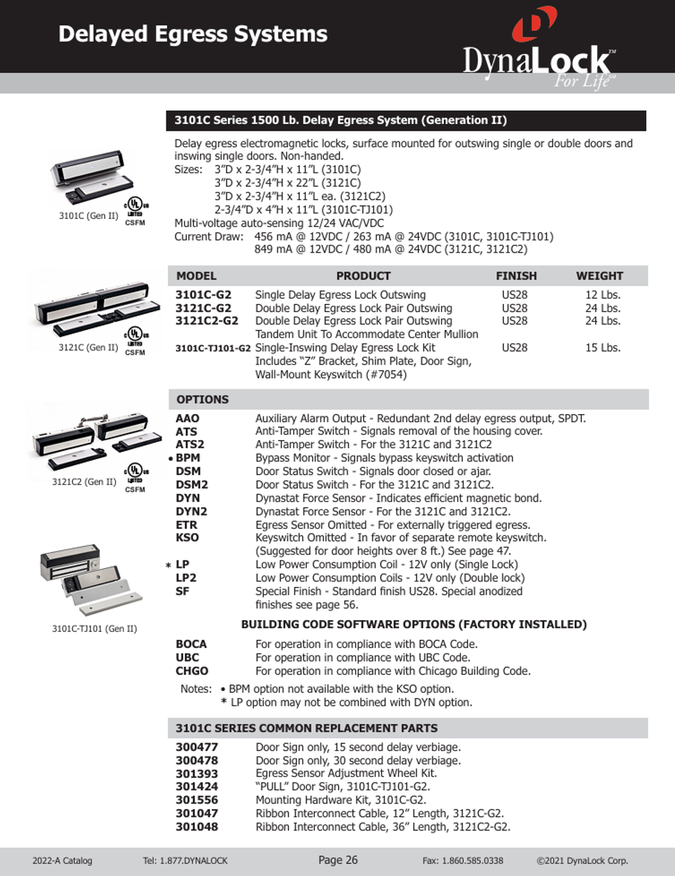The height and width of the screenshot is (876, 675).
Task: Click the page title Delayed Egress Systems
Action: [x=192, y=34]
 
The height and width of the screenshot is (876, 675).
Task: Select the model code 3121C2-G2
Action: [x=207, y=321]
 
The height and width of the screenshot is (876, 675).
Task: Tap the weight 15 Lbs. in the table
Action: [x=602, y=348]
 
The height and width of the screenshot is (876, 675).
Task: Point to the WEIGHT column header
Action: [x=599, y=276]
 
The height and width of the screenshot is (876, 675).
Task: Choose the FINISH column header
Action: [x=516, y=276]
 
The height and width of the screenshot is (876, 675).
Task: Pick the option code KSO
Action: [x=187, y=538]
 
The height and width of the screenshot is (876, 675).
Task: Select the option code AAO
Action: [x=188, y=418]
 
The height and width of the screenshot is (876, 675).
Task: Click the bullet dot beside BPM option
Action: [x=170, y=459]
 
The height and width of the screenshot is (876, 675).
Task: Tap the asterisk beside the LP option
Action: [x=168, y=565]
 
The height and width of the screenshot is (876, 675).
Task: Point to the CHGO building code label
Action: [x=192, y=671]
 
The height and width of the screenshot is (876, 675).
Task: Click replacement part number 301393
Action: [x=196, y=773]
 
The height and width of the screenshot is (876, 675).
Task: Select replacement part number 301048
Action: [x=196, y=827]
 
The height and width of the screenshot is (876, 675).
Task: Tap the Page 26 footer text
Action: [x=337, y=860]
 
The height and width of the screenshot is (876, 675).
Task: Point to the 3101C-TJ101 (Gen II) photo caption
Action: [x=94, y=629]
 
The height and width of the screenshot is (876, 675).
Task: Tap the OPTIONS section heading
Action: [x=203, y=400]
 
